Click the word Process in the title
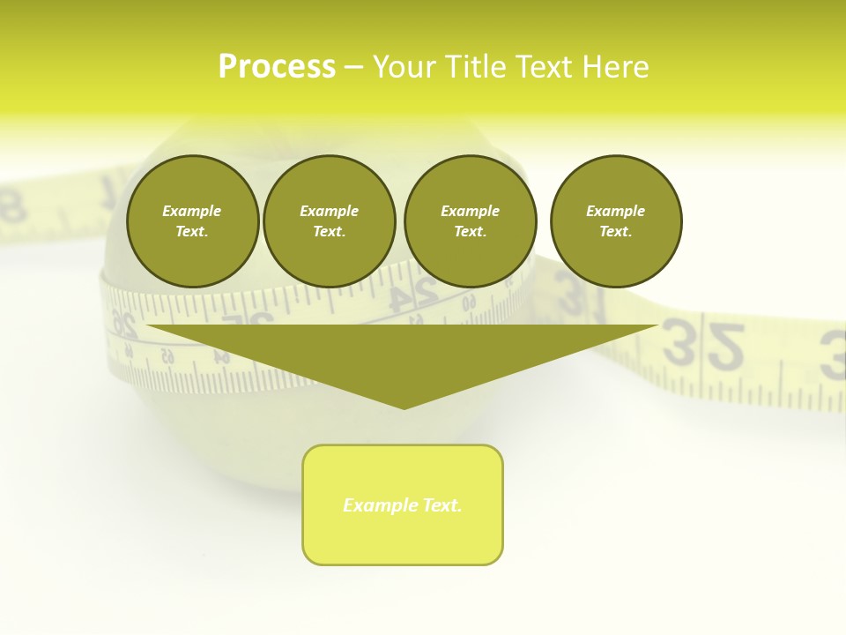point(277,67)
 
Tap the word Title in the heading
point(476,67)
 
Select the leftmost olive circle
point(192,221)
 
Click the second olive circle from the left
point(329,221)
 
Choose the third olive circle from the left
point(470,221)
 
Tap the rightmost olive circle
point(615,221)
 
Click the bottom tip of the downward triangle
point(404,407)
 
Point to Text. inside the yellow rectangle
point(441,505)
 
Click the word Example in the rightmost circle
point(615,211)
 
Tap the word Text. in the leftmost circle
point(192,232)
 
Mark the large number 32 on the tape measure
point(703,346)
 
